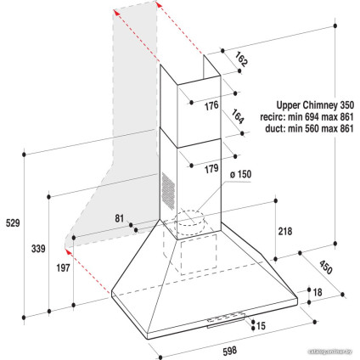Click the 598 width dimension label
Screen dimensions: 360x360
[229, 351]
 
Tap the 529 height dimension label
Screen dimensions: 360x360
[13, 223]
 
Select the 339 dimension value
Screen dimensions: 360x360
[38, 249]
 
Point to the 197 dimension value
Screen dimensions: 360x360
[63, 267]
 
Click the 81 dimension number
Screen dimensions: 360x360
[119, 218]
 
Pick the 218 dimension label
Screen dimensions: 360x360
[284, 231]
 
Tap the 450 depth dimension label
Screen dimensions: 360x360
[325, 267]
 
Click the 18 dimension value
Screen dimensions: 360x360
[318, 292]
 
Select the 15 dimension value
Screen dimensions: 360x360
[261, 326]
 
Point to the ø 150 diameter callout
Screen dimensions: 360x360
[240, 174]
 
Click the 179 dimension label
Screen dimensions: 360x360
[211, 169]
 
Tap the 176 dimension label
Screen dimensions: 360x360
[211, 106]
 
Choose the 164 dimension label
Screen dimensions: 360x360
[238, 116]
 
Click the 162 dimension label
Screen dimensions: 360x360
[241, 59]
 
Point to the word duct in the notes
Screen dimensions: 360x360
[274, 128]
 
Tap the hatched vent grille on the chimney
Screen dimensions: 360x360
[168, 190]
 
